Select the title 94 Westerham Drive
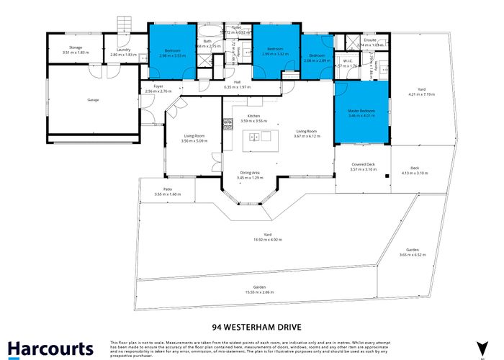click(x=251, y=325)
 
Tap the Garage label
click(x=93, y=99)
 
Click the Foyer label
click(x=158, y=86)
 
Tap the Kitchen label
click(x=253, y=116)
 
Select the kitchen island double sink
click(x=253, y=136)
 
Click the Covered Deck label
click(x=363, y=166)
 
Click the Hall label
click(x=237, y=82)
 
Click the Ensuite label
click(x=370, y=40)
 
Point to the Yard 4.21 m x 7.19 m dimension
click(x=418, y=94)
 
